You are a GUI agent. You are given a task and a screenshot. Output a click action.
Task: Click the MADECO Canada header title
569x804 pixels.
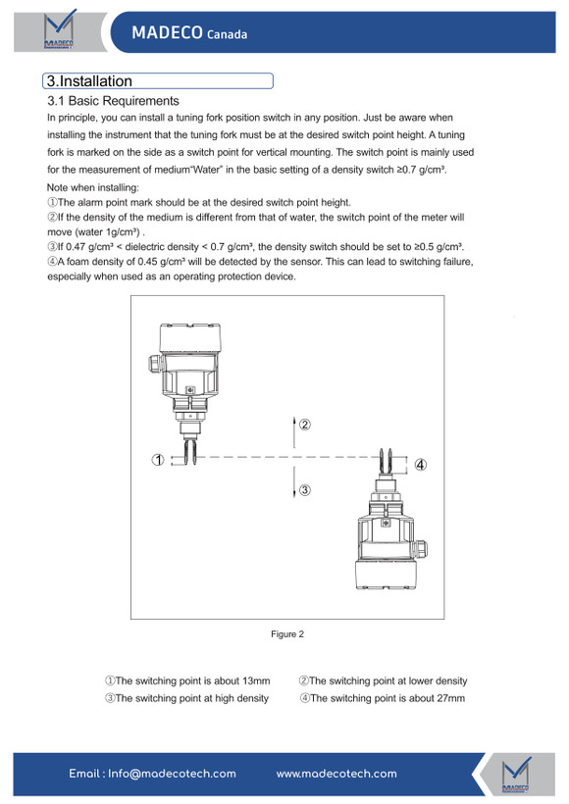189,32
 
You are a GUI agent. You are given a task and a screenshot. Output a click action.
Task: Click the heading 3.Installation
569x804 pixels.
89,81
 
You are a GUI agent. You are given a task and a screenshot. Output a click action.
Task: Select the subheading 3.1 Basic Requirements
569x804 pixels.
113,100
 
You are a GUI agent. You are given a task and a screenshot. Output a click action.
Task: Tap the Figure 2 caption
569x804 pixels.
287,634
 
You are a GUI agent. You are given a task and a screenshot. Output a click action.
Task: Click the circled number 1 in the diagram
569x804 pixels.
158,460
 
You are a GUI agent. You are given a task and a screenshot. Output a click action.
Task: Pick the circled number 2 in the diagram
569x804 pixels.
305,425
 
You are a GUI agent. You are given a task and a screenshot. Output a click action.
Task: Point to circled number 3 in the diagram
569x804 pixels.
305,490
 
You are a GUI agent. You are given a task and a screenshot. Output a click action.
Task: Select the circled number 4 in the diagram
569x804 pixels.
420,465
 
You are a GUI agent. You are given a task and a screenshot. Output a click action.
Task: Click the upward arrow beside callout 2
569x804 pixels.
294,431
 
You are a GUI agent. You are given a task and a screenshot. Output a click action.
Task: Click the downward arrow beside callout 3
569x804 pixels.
294,482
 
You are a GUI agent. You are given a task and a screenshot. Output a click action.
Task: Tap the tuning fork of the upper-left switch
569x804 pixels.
190,450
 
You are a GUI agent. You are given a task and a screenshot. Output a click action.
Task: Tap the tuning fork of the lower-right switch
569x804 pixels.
386,462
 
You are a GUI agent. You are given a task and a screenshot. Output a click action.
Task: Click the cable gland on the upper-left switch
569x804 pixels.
155,364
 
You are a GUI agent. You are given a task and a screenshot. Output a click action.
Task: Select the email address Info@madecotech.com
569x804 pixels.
172,774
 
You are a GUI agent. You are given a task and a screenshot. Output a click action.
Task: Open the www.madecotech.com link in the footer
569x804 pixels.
336,774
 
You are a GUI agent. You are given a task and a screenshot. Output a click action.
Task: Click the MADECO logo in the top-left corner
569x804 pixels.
59,29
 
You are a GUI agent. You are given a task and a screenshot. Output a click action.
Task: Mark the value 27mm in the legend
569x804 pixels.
451,698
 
